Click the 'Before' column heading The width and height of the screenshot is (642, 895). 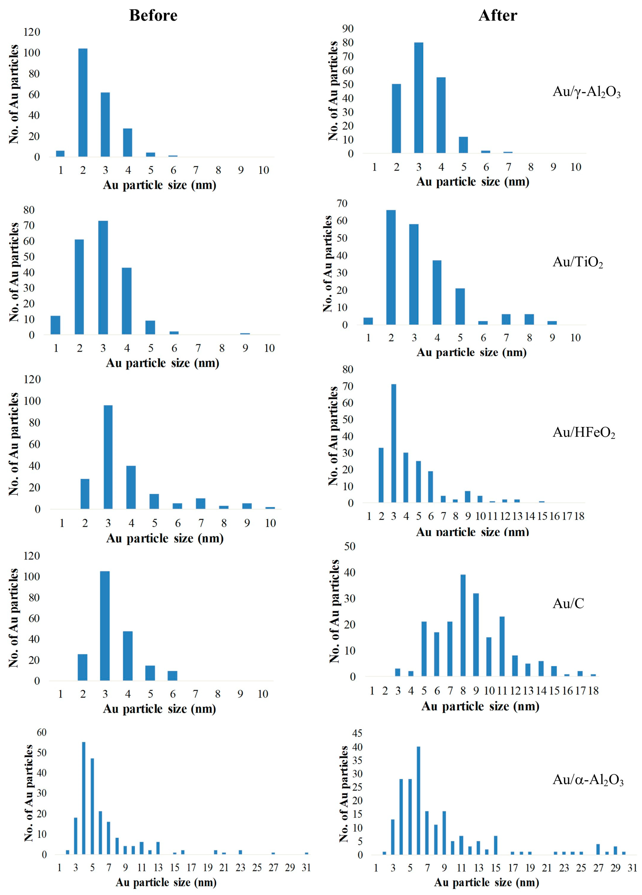tap(153, 16)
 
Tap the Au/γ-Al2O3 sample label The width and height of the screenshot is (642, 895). tap(586, 92)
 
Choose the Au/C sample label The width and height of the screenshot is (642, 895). tap(568, 603)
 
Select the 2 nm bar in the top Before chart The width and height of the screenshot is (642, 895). tap(83, 103)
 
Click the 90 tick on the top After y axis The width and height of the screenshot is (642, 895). tap(348, 29)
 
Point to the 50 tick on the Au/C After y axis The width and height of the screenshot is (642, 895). tap(350, 546)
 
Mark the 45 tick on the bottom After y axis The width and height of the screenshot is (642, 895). tap(357, 733)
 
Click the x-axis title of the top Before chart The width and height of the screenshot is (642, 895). tap(160, 185)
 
